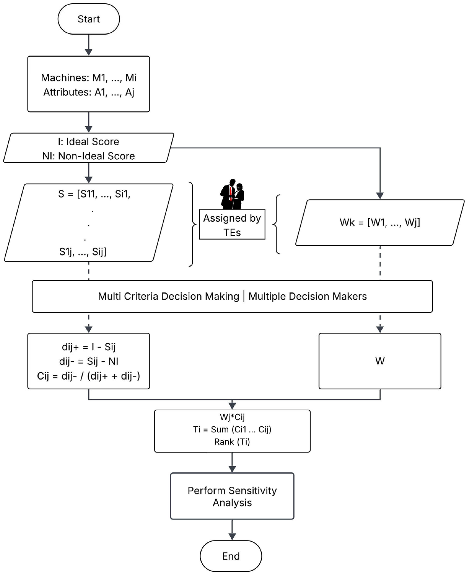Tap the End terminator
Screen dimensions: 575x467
point(231,556)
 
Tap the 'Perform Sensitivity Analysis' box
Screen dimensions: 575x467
point(232,496)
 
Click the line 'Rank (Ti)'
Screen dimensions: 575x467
point(232,442)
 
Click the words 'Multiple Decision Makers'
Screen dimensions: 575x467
point(307,296)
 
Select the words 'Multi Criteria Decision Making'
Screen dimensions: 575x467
point(168,296)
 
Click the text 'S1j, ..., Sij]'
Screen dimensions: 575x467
point(83,252)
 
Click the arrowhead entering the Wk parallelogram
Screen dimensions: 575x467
point(380,196)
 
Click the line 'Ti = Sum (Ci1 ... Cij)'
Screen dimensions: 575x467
point(232,429)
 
